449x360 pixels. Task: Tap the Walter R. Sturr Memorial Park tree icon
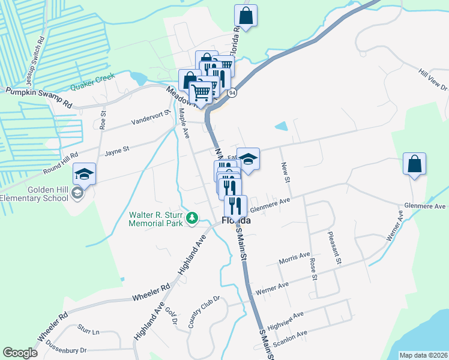point(192,218)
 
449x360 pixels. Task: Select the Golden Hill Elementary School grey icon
point(77,193)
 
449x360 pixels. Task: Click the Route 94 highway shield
point(232,93)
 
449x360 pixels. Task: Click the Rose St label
point(313,268)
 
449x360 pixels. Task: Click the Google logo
point(20,353)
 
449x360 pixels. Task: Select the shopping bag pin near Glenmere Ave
point(414,164)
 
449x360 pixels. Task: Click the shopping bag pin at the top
point(246,16)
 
